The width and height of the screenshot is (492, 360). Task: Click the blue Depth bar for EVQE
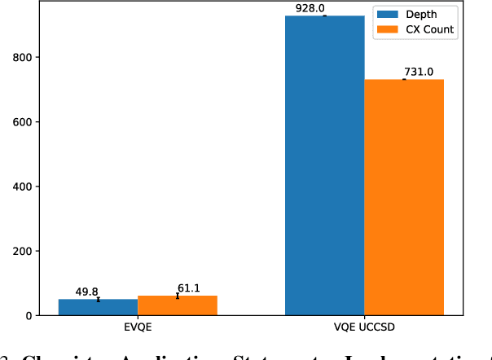click(98, 307)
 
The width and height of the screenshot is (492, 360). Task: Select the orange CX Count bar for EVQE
click(177, 305)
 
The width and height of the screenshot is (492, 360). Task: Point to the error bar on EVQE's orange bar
click(177, 296)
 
